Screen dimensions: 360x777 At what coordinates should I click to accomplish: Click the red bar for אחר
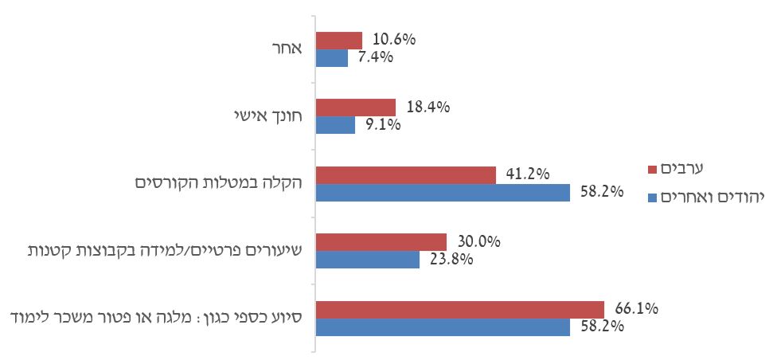(x=339, y=41)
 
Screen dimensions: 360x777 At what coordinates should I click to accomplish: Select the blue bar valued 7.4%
(x=332, y=58)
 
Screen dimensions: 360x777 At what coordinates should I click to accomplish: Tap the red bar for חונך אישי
(x=356, y=108)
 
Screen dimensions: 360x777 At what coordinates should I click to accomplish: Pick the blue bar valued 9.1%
(x=335, y=125)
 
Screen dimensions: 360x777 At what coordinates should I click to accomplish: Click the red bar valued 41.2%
(x=406, y=174)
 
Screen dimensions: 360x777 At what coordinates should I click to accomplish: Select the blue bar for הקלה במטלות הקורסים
(x=443, y=192)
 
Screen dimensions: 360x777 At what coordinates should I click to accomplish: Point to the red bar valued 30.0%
(x=381, y=241)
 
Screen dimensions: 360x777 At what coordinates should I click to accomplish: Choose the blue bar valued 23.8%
(x=368, y=259)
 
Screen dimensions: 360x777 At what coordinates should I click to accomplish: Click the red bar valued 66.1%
(x=460, y=309)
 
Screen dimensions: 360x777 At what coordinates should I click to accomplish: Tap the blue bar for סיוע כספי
(x=443, y=327)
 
